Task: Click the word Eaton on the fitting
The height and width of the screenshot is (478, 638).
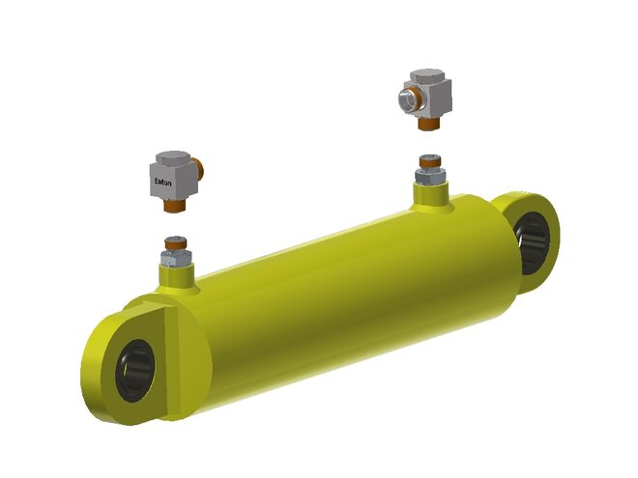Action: coord(162,182)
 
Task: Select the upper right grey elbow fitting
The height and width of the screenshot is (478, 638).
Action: coord(425,98)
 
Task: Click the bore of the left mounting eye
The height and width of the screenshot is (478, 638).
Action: coord(135,371)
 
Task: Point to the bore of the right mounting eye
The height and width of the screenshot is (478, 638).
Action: coord(533,242)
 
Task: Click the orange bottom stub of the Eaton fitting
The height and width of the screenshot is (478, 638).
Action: coord(175,205)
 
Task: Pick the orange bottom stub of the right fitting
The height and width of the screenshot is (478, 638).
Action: coord(429,124)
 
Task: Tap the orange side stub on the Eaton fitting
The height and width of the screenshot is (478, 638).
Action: coord(199,169)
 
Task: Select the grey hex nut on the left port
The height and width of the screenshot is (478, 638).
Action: coord(176,258)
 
